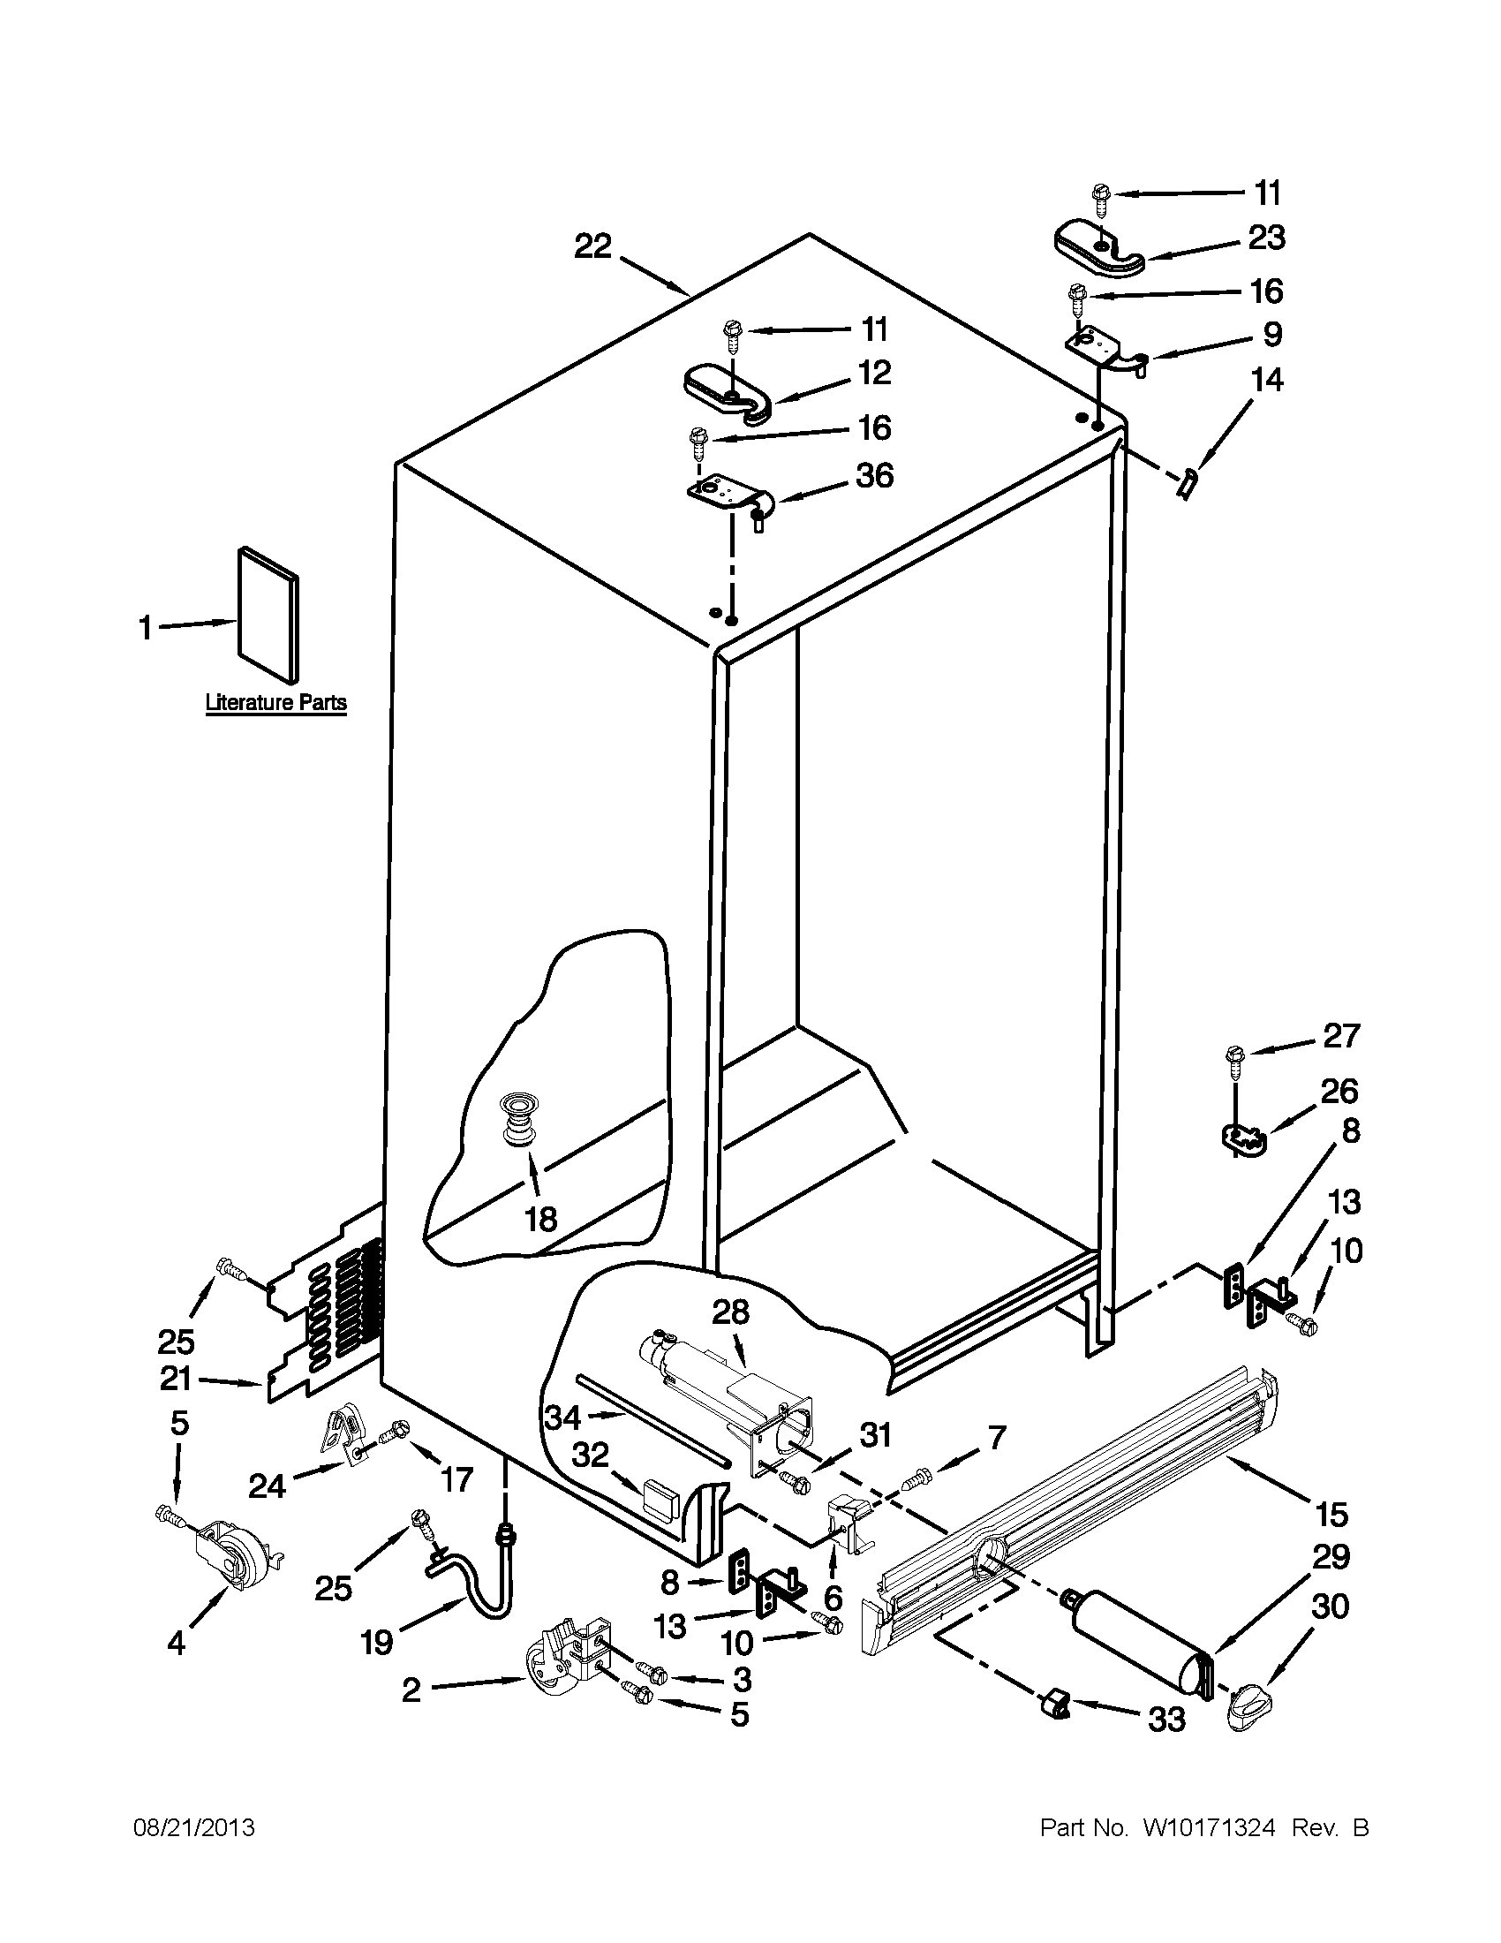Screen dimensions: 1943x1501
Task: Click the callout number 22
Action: (592, 246)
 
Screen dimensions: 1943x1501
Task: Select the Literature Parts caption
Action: (275, 703)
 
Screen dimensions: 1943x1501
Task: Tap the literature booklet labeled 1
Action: (268, 615)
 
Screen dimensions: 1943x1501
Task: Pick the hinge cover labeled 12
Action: (728, 392)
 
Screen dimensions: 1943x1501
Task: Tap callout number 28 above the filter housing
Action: (730, 1312)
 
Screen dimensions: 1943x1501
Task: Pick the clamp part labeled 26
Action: (1241, 1139)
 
